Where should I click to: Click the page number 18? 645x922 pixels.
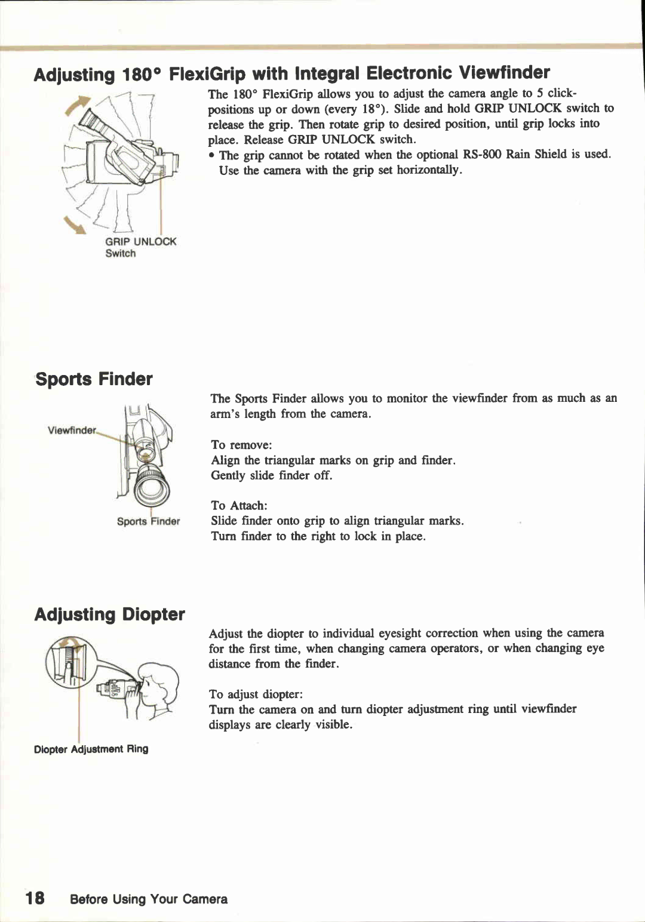[x=35, y=898]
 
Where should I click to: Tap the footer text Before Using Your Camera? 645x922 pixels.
[x=149, y=899]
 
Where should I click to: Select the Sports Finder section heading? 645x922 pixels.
[x=94, y=379]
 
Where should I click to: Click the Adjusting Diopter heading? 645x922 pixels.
[x=109, y=614]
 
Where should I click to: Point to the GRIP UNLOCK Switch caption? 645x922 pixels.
[x=140, y=247]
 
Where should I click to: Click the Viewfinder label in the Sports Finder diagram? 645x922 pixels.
[x=71, y=431]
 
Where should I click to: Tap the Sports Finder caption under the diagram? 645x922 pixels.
[x=148, y=521]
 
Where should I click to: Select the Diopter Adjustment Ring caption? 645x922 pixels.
[x=91, y=749]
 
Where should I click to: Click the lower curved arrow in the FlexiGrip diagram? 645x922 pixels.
[x=77, y=225]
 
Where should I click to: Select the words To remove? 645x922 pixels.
[x=241, y=445]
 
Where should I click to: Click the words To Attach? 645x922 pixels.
[x=239, y=505]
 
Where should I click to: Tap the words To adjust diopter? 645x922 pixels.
[x=256, y=694]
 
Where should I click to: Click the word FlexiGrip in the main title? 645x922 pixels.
[x=207, y=74]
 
